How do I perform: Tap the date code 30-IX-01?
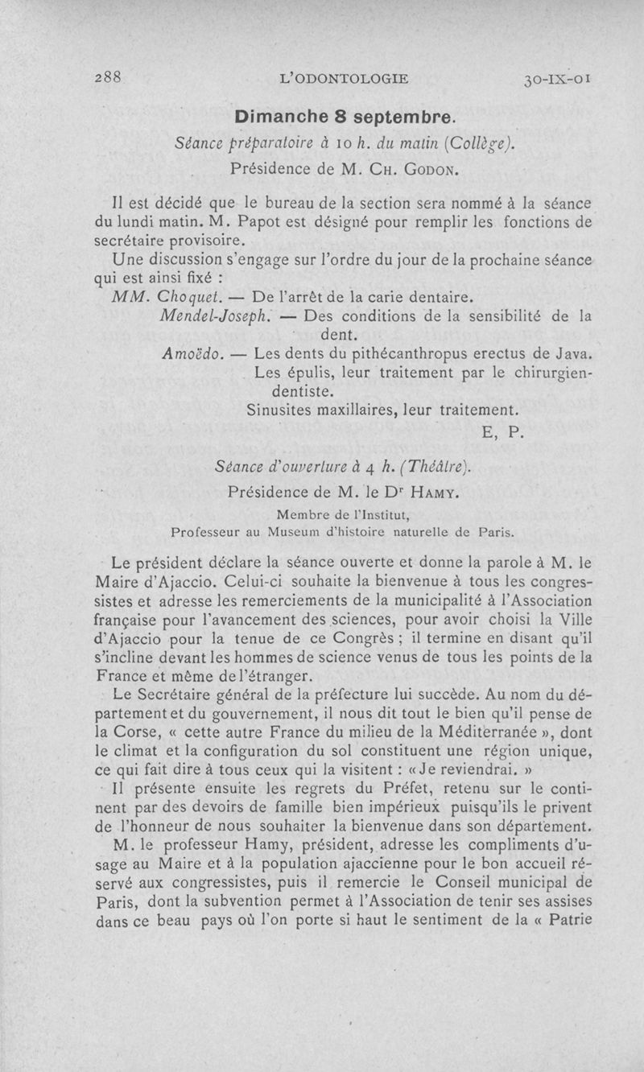click(558, 79)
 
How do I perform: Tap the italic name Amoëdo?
click(192, 353)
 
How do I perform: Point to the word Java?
click(573, 353)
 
